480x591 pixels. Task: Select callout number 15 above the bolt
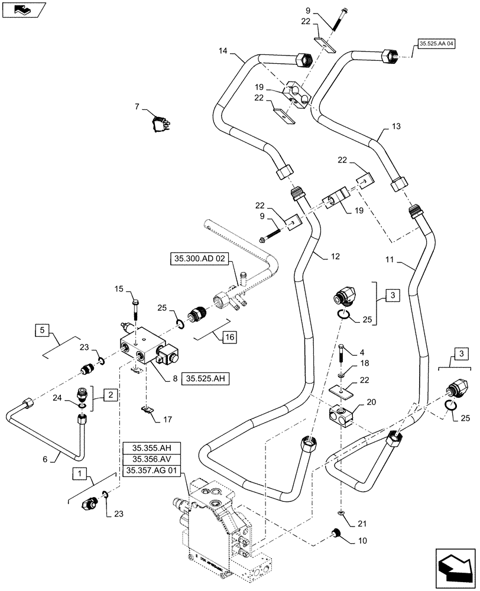(118, 289)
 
